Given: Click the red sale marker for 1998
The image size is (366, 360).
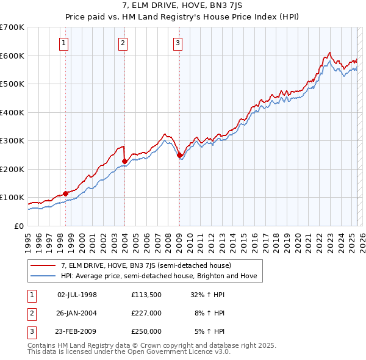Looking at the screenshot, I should [x=65, y=193].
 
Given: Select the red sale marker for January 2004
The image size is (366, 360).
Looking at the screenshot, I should [x=124, y=161].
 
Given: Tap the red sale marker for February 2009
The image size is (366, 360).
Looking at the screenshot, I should [x=179, y=155].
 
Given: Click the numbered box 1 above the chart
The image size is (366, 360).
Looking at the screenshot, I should [x=64, y=43].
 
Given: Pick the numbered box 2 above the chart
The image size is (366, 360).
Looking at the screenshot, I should [x=123, y=43].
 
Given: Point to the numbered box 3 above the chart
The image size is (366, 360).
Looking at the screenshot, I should [x=178, y=43].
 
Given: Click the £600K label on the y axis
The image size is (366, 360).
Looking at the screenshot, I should [x=12, y=56].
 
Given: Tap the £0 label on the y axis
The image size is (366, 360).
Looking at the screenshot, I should [x=19, y=226].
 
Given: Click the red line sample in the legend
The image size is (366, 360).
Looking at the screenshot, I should [x=43, y=265].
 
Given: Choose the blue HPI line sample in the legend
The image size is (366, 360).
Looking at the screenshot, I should [x=43, y=276].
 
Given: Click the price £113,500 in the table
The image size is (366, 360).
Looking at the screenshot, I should [x=146, y=294].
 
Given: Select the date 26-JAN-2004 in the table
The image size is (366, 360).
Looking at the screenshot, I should [x=77, y=313].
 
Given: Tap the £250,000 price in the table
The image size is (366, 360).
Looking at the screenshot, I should [x=146, y=331].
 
